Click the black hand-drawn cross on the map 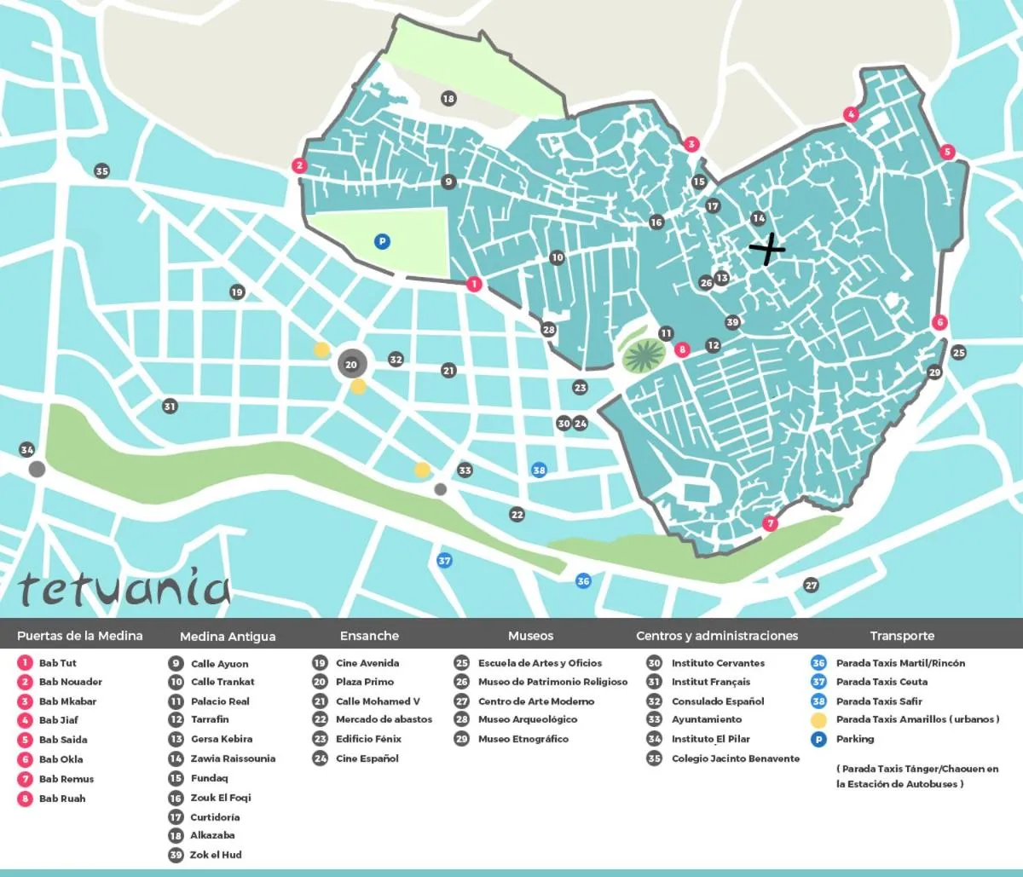click(x=767, y=249)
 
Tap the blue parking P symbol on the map click(x=382, y=242)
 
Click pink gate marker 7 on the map click(x=770, y=523)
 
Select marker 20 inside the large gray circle click(x=351, y=365)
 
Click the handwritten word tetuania click(x=124, y=588)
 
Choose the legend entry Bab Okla click(x=61, y=759)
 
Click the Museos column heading click(x=530, y=636)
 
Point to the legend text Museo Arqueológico click(x=528, y=719)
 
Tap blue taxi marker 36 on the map click(x=583, y=581)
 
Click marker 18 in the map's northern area click(x=448, y=99)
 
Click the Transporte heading click(x=902, y=636)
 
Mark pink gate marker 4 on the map click(x=850, y=114)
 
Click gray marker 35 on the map click(x=101, y=171)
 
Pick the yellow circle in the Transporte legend click(x=818, y=720)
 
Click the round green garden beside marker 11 click(x=644, y=355)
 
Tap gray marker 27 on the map click(x=811, y=585)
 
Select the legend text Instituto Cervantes click(x=718, y=663)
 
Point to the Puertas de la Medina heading click(x=80, y=636)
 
